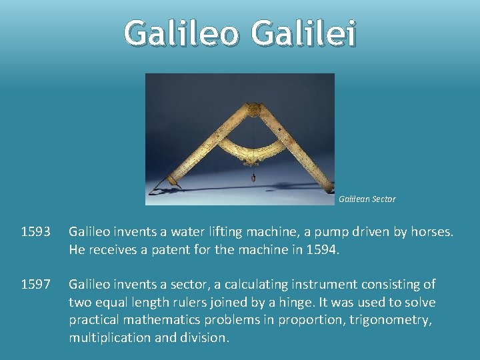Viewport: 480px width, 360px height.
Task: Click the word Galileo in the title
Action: click(x=181, y=33)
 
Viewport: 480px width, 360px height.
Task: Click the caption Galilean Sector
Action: click(x=367, y=199)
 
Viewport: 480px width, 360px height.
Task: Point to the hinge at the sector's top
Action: click(x=253, y=109)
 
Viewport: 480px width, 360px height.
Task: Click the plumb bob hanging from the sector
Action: click(x=253, y=179)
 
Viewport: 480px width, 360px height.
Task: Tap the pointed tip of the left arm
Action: click(x=155, y=191)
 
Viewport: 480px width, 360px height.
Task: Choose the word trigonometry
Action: click(x=391, y=320)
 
